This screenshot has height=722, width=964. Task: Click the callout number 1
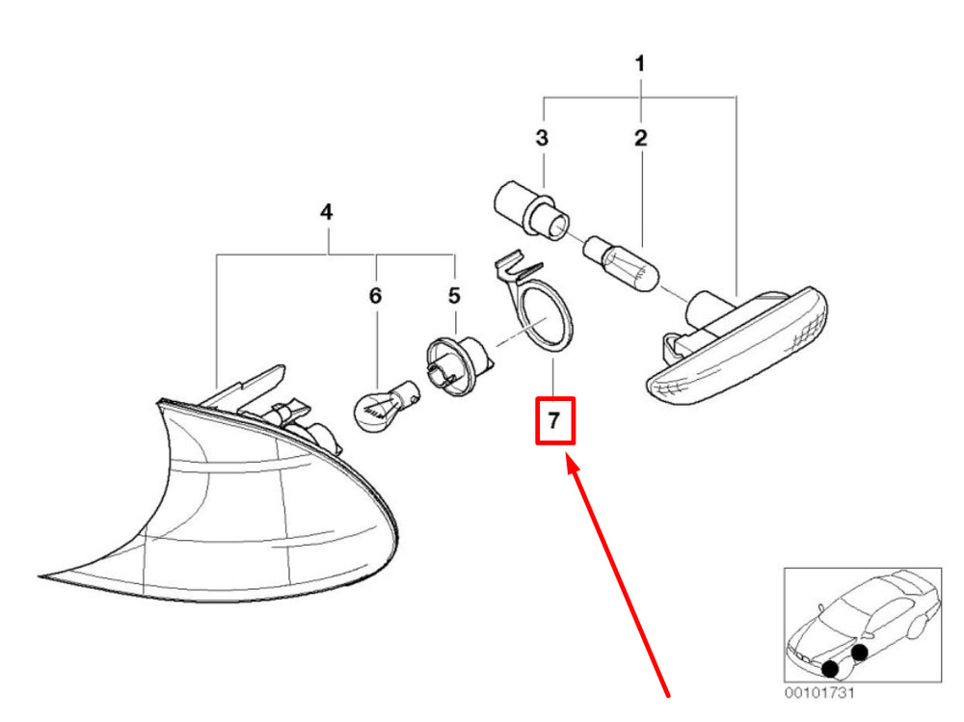click(x=640, y=66)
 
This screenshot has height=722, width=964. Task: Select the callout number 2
click(x=640, y=138)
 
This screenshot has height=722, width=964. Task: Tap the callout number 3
click(x=542, y=138)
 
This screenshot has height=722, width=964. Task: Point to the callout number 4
click(x=327, y=211)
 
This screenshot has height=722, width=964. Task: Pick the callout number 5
click(x=454, y=295)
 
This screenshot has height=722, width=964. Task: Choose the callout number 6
click(x=375, y=295)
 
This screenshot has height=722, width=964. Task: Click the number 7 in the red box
click(x=553, y=421)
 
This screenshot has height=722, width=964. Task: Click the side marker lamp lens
click(x=742, y=348)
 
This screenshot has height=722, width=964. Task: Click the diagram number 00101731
click(x=819, y=692)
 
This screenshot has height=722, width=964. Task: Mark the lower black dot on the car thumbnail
click(x=830, y=668)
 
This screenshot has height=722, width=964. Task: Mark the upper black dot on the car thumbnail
click(x=860, y=652)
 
